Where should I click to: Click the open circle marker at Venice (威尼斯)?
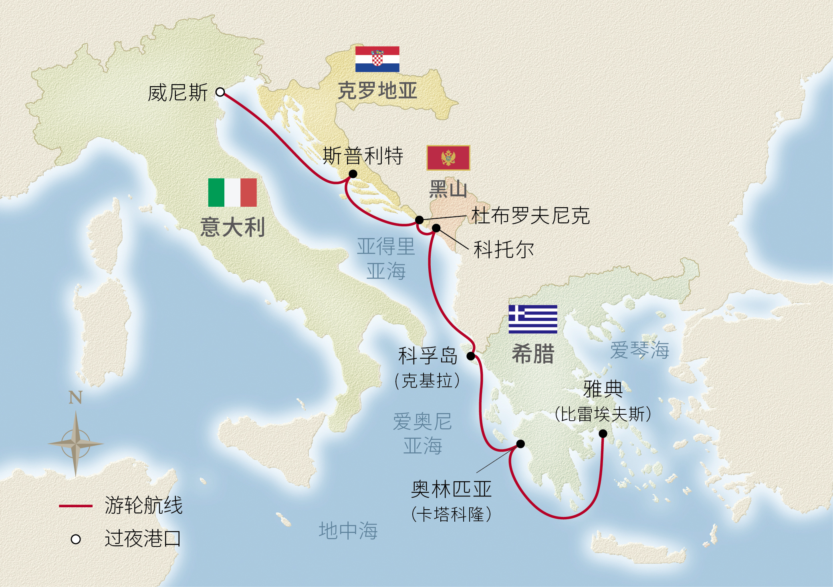220,92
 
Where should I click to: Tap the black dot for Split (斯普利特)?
353,173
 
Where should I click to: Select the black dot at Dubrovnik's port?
419,220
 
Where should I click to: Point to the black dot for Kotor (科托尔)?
436,228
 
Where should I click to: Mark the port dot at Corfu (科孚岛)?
471,356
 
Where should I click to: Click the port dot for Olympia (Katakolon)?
520,444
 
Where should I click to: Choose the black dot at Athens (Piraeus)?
603,433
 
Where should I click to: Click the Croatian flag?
377,59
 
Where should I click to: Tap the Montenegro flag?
448,158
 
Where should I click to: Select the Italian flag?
232,192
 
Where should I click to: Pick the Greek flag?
532,319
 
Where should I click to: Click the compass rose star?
76,444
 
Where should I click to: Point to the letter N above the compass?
75,397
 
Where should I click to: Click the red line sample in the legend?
76,506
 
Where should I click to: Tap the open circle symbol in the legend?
76,539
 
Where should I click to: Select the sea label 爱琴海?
639,350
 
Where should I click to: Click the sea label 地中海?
348,531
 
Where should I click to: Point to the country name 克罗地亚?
377,91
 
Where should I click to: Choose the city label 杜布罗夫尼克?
530,216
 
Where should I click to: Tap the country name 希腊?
533,354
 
